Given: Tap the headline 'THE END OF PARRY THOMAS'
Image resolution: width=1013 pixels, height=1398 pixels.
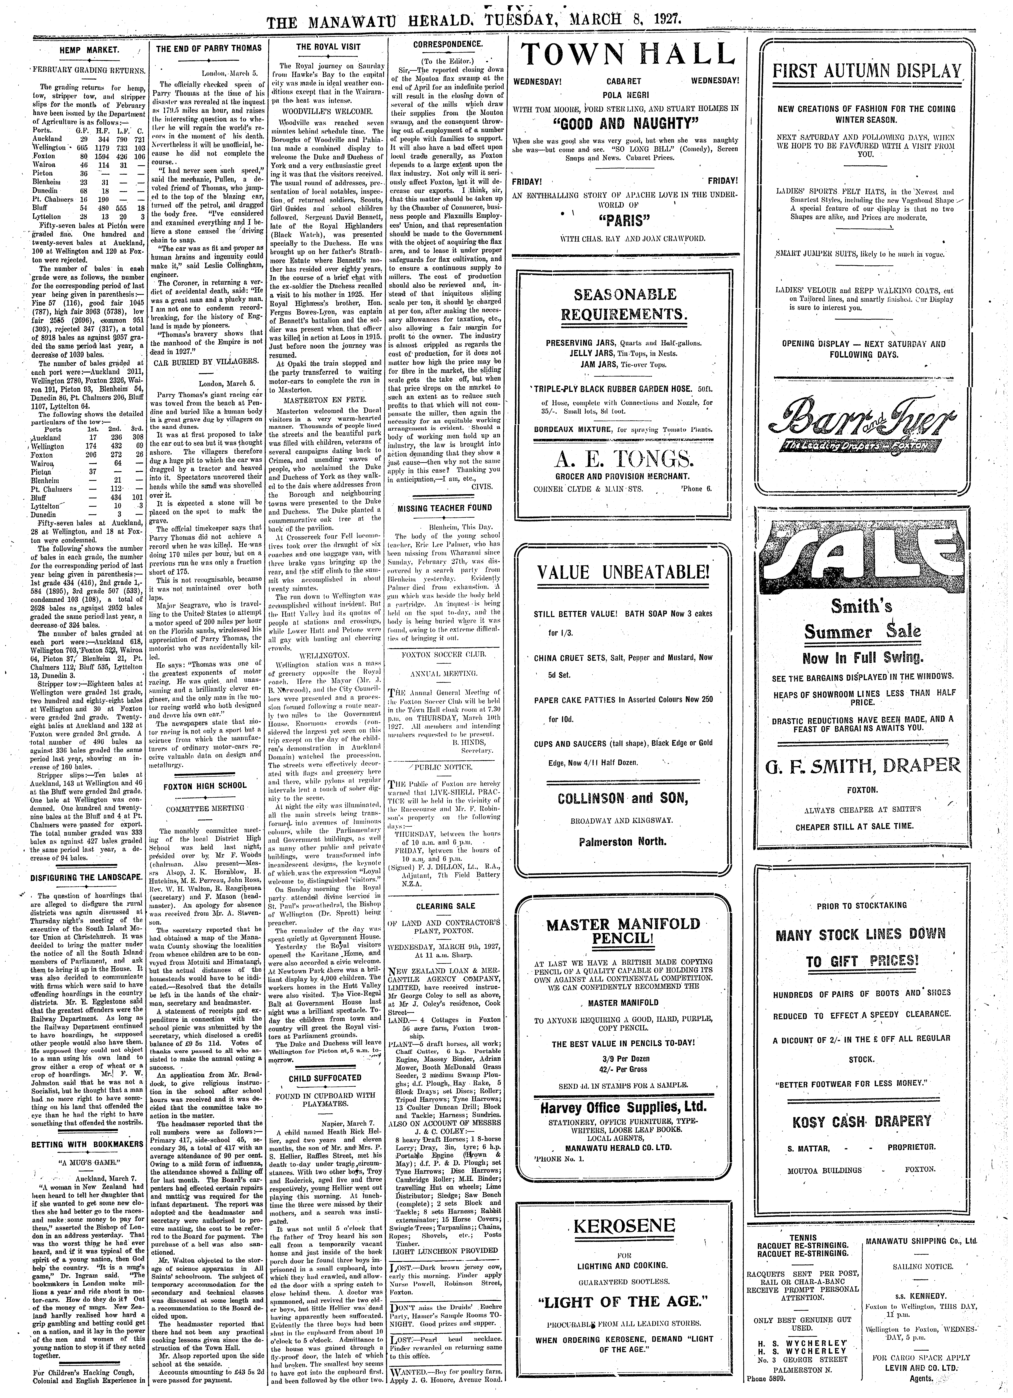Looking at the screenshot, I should [x=209, y=48].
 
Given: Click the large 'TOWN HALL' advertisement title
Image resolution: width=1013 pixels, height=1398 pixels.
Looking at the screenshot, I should [x=627, y=59].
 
